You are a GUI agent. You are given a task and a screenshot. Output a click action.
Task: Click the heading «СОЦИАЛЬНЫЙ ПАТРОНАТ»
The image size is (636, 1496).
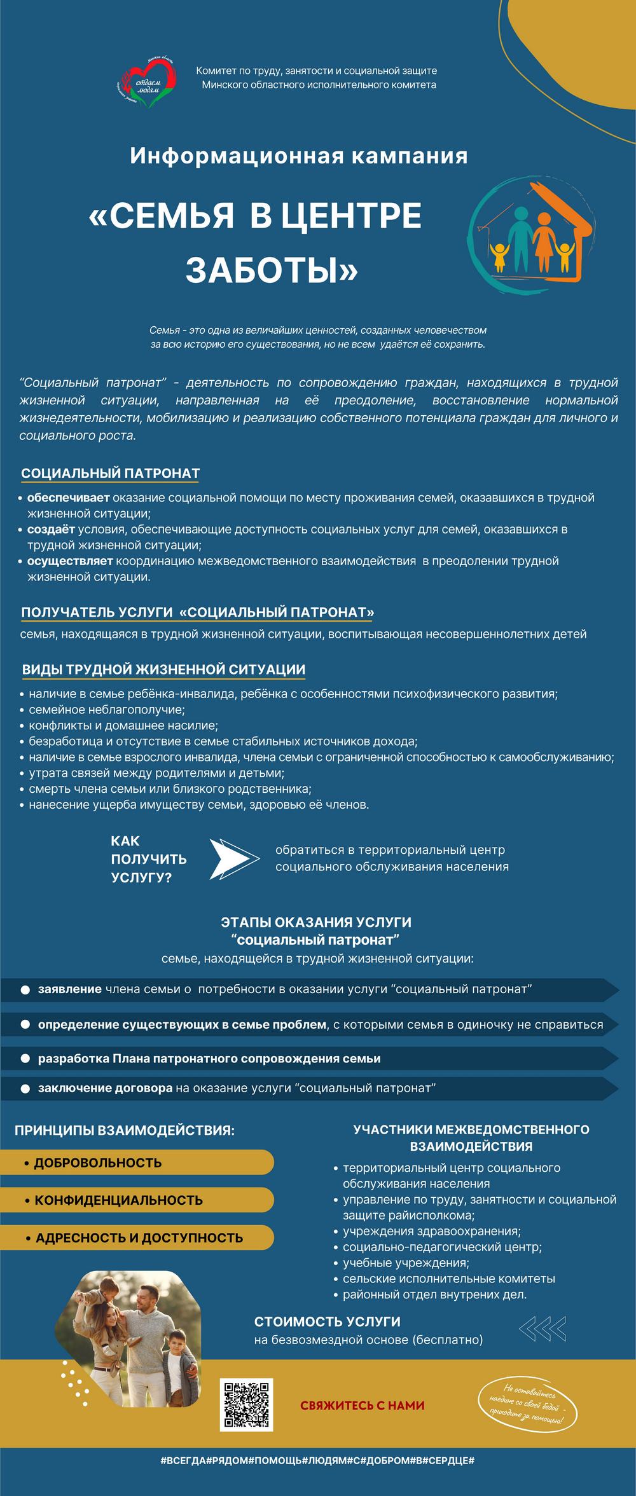click(x=111, y=473)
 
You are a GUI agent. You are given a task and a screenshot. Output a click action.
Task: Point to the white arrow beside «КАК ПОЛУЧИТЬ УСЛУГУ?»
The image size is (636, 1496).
click(x=234, y=859)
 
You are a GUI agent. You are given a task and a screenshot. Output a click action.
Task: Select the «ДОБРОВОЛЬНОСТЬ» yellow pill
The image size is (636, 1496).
click(x=98, y=1162)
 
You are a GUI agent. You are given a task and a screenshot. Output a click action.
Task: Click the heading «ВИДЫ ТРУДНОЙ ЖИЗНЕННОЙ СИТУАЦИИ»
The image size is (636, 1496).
click(x=163, y=669)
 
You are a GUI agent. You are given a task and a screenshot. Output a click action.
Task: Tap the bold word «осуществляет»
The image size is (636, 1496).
click(x=70, y=561)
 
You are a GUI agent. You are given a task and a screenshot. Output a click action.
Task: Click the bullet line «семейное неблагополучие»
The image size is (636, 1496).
click(x=107, y=710)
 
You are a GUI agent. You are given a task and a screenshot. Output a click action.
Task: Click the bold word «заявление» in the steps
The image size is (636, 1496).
click(x=70, y=989)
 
